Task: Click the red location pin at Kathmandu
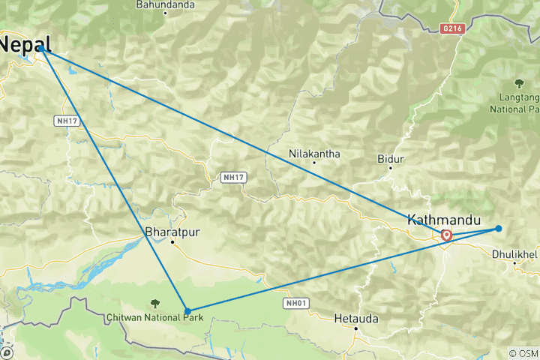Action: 446,235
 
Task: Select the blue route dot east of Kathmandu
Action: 498,229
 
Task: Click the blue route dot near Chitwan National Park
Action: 187,310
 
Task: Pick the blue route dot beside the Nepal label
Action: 41,49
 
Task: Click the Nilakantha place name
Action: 314,154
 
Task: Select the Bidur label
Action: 391,159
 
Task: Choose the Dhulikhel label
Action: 515,254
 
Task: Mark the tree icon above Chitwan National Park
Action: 154,303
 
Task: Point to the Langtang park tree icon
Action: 518,82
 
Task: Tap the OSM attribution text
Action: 523,353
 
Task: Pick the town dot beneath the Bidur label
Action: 391,168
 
